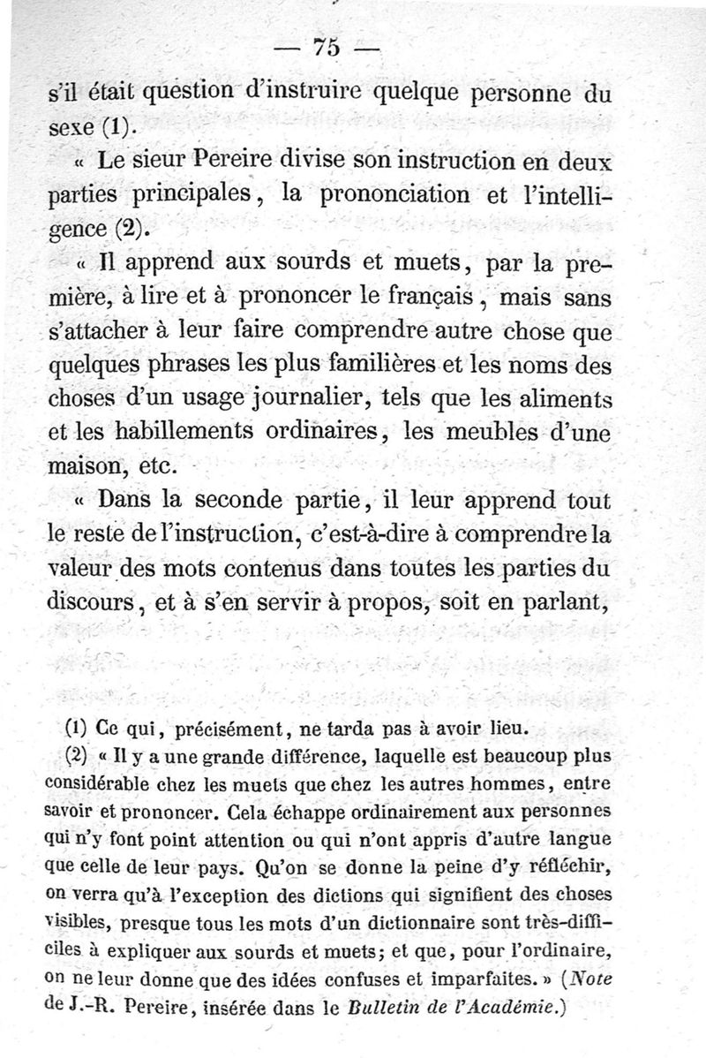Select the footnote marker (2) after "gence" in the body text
coord(131,232)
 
